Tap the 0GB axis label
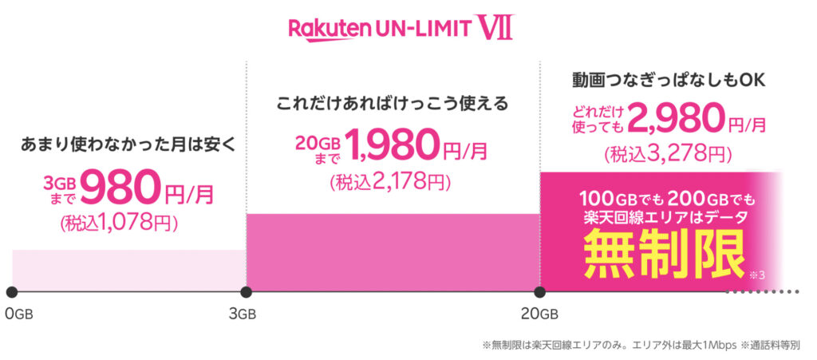pyautogui.click(x=19, y=314)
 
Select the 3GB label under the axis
pyautogui.click(x=243, y=314)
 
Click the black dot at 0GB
pyautogui.click(x=12, y=291)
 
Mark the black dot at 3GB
pyautogui.click(x=247, y=291)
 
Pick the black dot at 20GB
pyautogui.click(x=540, y=291)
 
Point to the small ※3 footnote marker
pyautogui.click(x=757, y=275)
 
